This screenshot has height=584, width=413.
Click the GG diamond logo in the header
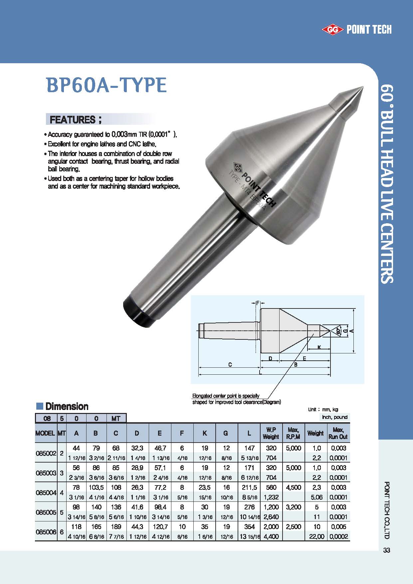click(x=332, y=30)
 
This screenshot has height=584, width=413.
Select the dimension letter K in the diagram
click(x=319, y=347)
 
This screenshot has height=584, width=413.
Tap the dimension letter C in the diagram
click(x=230, y=365)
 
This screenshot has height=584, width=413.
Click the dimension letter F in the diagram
click(x=258, y=303)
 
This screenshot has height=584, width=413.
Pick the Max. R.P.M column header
click(x=294, y=433)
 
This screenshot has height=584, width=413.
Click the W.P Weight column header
click(x=271, y=433)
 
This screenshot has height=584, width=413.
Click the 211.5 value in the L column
click(x=249, y=487)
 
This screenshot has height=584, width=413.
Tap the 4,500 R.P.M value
click(x=294, y=487)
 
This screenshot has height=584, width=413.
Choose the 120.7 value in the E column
click(x=160, y=527)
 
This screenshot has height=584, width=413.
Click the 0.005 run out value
click(x=338, y=527)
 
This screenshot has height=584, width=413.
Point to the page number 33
click(x=386, y=550)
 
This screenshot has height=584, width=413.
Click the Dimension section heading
click(x=67, y=406)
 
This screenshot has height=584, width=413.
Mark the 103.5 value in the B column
click(x=96, y=487)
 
